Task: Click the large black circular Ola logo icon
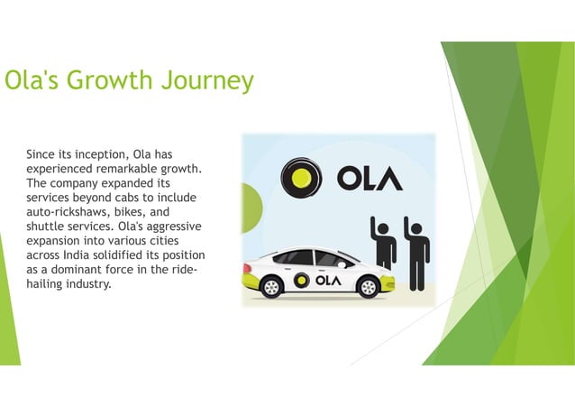click(x=301, y=178)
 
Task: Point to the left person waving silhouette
click(x=384, y=242)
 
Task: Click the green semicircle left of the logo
click(x=250, y=200)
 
